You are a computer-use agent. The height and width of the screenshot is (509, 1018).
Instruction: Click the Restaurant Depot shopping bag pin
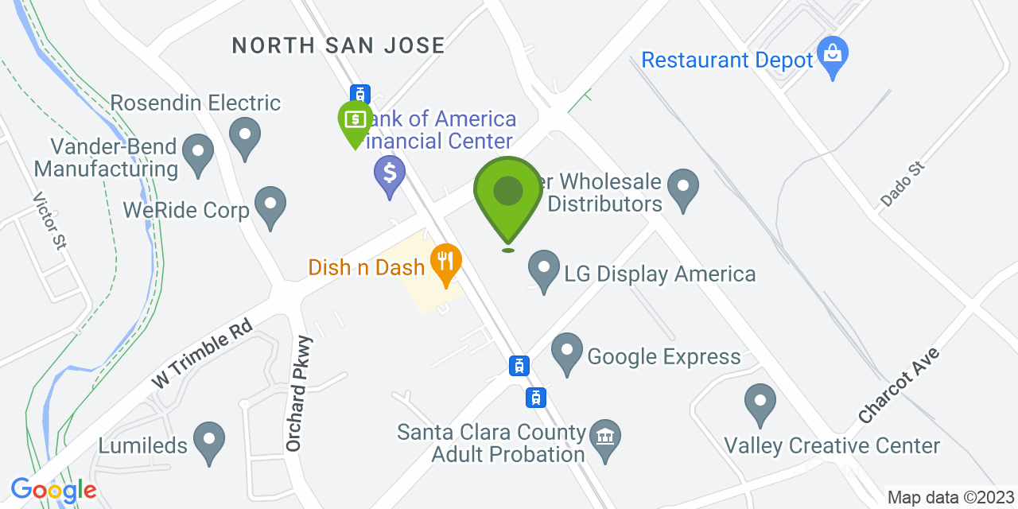[833, 56]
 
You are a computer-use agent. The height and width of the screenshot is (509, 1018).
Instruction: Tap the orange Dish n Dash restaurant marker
[445, 262]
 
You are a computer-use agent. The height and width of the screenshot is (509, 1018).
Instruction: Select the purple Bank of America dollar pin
[390, 173]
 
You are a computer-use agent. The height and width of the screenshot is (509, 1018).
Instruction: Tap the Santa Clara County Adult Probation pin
[605, 439]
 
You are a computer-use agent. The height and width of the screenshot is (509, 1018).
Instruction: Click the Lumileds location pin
[210, 440]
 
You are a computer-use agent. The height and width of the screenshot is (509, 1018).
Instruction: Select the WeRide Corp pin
[271, 205]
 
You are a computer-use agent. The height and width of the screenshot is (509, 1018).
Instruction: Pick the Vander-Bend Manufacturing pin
[198, 152]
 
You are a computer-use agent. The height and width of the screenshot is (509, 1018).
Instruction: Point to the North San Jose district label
[339, 45]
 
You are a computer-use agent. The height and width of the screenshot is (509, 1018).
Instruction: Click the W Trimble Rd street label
[202, 353]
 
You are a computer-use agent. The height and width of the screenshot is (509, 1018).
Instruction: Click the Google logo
[53, 490]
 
